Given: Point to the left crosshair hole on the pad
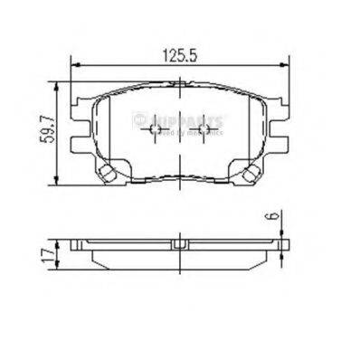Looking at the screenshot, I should coord(155,132).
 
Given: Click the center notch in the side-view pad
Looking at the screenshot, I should coord(179,243).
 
